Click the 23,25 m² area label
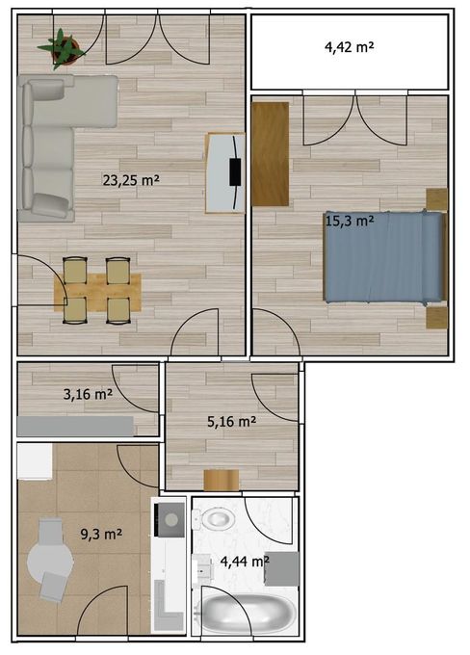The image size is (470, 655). (131, 179)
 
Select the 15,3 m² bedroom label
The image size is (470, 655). (349, 221)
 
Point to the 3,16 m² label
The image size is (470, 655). (87, 393)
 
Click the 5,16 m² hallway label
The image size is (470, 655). (231, 421)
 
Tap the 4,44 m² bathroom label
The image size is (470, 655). (244, 561)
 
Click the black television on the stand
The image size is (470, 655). (234, 172)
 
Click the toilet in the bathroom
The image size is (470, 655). (218, 520)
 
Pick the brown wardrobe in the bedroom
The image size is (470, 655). (271, 153)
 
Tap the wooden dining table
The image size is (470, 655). (96, 290)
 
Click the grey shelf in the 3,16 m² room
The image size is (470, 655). (75, 426)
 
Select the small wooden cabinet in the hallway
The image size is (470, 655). (221, 479)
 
